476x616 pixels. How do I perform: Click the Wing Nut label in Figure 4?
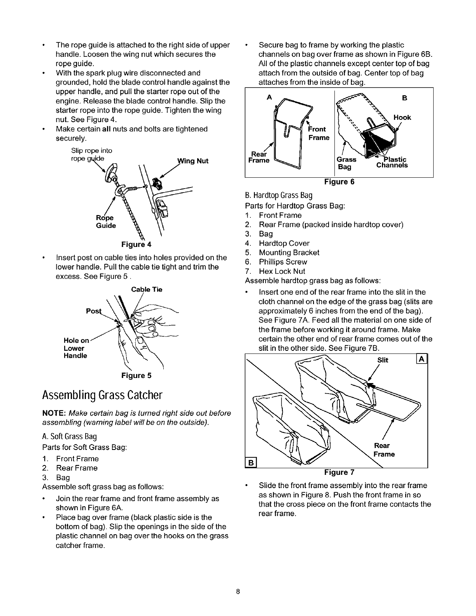(192, 161)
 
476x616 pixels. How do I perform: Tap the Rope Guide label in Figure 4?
(106, 222)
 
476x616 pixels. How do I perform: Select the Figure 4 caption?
(136, 245)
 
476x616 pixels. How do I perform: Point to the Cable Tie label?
(146, 289)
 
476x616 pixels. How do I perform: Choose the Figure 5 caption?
(136, 376)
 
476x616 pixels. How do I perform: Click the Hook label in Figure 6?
(402, 117)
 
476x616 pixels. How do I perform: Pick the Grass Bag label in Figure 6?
(346, 163)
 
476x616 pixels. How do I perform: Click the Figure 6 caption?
(339, 182)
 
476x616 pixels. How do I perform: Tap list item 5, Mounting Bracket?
(289, 252)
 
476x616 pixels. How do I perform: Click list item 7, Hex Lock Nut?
(282, 271)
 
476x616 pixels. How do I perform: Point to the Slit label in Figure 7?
(383, 360)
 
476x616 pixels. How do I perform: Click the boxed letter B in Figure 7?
(251, 462)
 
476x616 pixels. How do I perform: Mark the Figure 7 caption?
(339, 472)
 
